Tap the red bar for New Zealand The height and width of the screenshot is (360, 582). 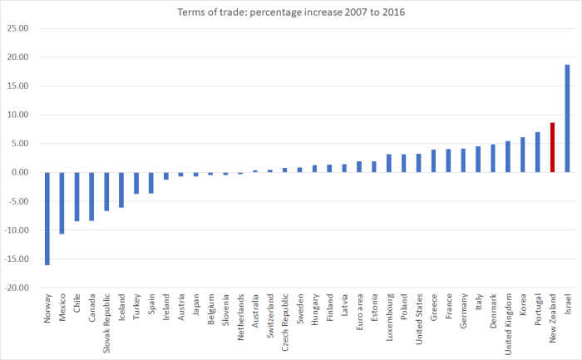click(x=552, y=147)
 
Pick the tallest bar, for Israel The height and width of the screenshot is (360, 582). click(x=567, y=118)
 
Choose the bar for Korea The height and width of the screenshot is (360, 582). click(x=523, y=155)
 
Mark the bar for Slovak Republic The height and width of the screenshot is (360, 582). click(x=106, y=191)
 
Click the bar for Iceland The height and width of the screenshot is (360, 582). click(x=121, y=190)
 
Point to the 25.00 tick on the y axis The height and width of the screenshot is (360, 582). click(x=18, y=28)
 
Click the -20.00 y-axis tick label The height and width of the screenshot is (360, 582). click(x=17, y=288)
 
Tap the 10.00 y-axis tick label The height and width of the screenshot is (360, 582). click(x=18, y=115)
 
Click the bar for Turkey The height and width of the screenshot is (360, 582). click(x=136, y=183)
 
